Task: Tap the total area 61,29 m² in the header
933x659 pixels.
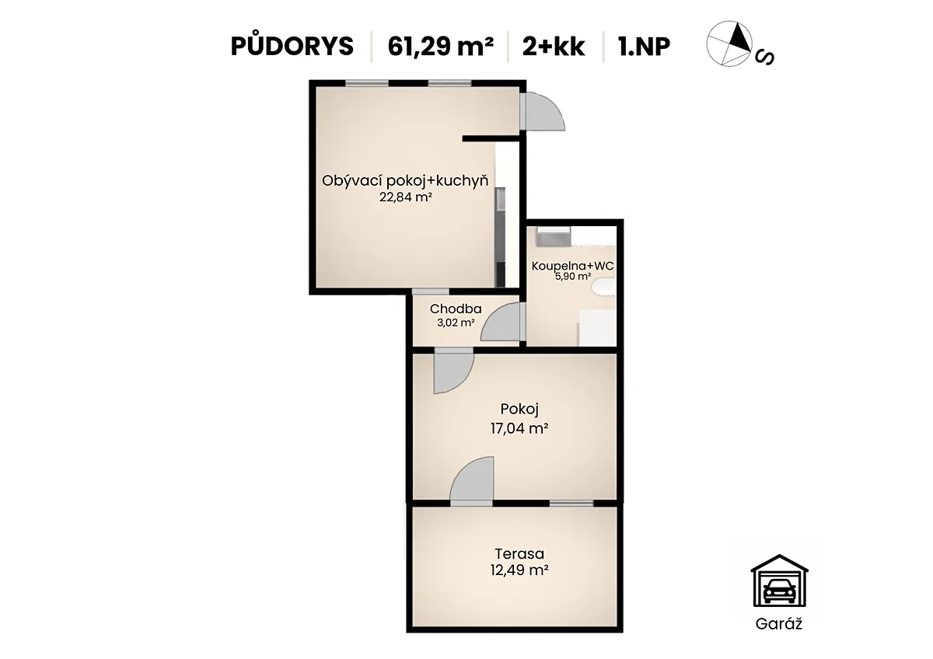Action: [441, 46]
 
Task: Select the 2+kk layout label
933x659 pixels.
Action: [554, 46]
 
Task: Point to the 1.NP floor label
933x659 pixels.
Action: [645, 46]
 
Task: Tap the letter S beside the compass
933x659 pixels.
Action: [765, 58]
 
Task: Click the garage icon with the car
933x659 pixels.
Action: [779, 581]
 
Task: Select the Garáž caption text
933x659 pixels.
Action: [779, 623]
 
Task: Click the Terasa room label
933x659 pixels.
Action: [519, 553]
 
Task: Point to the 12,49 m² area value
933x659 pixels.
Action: [519, 570]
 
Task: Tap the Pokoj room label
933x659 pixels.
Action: [519, 410]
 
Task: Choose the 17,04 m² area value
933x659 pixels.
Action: [519, 428]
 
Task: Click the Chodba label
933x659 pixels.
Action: [456, 309]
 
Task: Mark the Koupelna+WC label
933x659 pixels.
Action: [573, 266]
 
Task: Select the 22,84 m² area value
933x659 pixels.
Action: [405, 197]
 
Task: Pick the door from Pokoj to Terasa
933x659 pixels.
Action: [472, 481]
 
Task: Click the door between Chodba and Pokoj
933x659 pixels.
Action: [454, 371]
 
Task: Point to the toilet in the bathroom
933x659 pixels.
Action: [604, 288]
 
